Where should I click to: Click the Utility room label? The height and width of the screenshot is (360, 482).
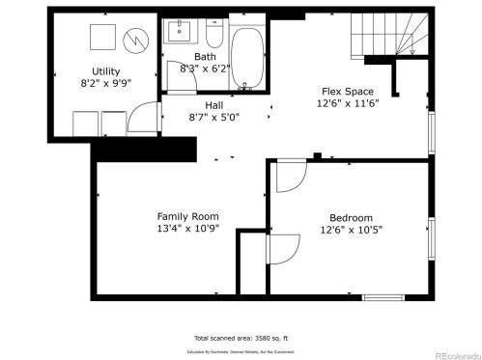106,71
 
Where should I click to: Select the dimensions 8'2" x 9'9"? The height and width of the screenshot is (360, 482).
106,84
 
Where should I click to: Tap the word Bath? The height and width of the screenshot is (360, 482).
205,57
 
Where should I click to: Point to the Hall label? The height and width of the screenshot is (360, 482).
214,105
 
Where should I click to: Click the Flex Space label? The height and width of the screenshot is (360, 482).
347,92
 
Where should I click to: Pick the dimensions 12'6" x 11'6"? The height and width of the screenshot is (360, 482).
347,104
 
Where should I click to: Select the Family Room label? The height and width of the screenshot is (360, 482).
188,216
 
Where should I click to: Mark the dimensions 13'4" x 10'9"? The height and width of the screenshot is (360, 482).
188,229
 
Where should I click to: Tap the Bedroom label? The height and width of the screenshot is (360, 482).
352,218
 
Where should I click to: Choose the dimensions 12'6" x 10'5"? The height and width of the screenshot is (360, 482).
352,231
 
